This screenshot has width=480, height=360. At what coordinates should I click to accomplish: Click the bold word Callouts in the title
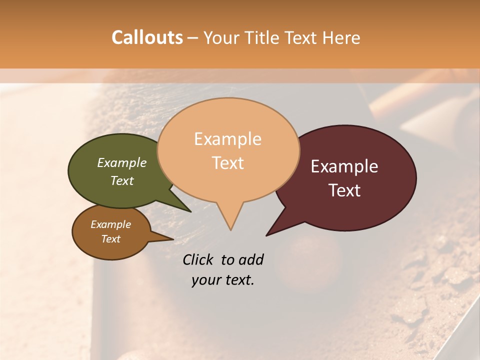pyautogui.click(x=147, y=37)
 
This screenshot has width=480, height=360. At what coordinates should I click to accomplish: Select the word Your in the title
pyautogui.click(x=220, y=37)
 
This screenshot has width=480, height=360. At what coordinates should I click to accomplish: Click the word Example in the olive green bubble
pyautogui.click(x=122, y=163)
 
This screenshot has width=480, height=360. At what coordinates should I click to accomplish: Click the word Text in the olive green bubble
pyautogui.click(x=122, y=180)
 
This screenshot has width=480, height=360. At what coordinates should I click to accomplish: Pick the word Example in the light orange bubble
pyautogui.click(x=227, y=139)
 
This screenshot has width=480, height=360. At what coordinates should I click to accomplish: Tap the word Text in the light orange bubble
pyautogui.click(x=228, y=163)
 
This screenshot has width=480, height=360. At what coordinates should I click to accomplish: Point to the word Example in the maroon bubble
pyautogui.click(x=344, y=166)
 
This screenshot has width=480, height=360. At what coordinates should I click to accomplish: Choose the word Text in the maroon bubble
pyautogui.click(x=345, y=190)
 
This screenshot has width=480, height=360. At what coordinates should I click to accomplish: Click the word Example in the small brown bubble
pyautogui.click(x=110, y=224)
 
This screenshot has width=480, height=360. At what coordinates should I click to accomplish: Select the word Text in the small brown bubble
pyautogui.click(x=110, y=239)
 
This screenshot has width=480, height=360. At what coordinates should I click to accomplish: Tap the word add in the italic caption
pyautogui.click(x=250, y=259)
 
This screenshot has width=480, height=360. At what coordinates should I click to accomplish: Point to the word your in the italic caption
pyautogui.click(x=205, y=280)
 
